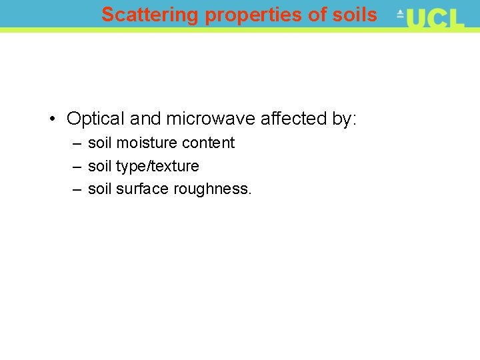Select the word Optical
pyautogui.click(x=96, y=119)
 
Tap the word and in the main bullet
pyautogui.click(x=145, y=119)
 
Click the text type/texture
pyautogui.click(x=157, y=166)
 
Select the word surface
pyautogui.click(x=143, y=189)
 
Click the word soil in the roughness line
pyautogui.click(x=100, y=189)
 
